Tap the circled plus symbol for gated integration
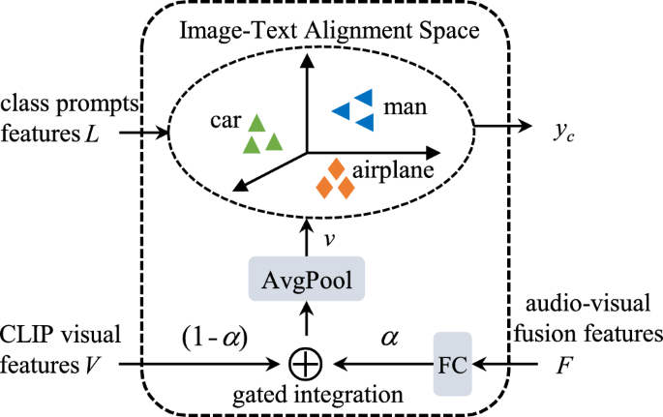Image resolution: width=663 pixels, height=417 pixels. [x=306, y=365]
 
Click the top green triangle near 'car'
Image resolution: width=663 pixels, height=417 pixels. [x=256, y=123]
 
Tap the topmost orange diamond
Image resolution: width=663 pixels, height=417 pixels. [x=337, y=168]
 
